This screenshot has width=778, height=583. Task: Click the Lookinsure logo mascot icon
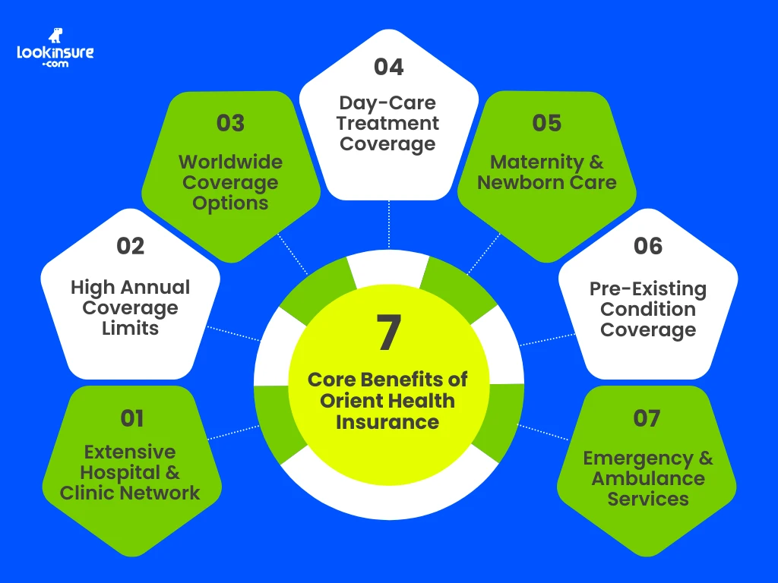[55, 36]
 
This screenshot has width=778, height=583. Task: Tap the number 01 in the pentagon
[131, 418]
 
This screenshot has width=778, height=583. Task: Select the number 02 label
[130, 246]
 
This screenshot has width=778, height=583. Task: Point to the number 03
[230, 123]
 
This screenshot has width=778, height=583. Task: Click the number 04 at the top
[388, 67]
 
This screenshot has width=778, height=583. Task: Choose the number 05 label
[547, 123]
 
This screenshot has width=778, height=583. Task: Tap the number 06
[647, 246]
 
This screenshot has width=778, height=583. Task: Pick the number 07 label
[647, 418]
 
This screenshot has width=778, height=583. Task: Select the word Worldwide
[230, 162]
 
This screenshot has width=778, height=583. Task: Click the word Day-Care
[388, 103]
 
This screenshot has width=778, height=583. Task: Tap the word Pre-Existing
[647, 289]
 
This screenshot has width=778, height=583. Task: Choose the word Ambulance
[648, 479]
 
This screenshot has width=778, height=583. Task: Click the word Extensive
[130, 452]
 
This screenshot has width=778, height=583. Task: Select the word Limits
[130, 329]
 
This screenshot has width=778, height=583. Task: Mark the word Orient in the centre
[349, 400]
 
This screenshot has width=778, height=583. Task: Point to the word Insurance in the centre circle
[387, 421]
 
